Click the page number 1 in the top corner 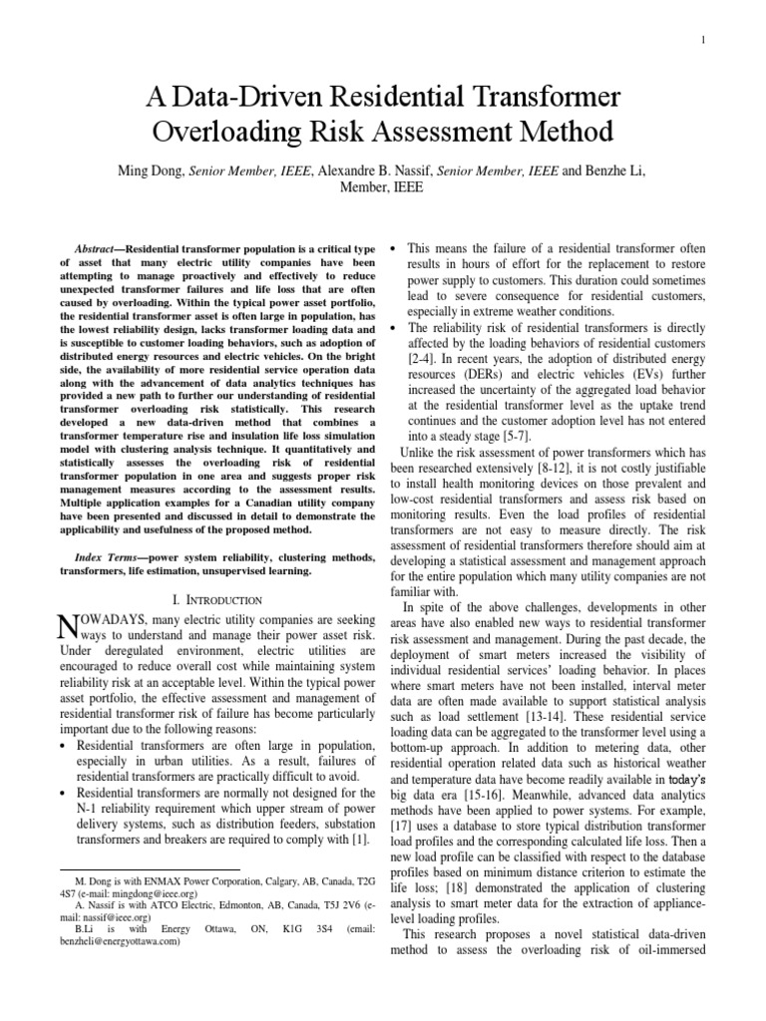704,40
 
